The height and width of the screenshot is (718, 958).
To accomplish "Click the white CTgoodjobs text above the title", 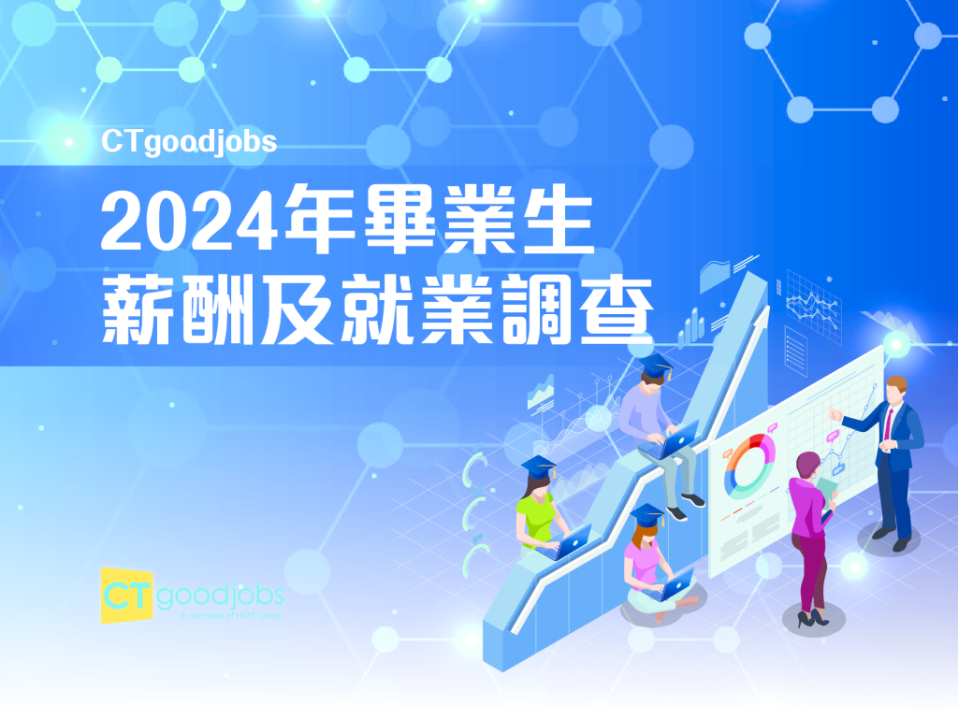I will (189, 142).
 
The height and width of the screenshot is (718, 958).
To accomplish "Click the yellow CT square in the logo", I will (127, 595).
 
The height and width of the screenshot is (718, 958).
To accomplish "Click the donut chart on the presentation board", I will (750, 465).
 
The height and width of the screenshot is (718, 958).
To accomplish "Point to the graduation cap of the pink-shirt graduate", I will (647, 515).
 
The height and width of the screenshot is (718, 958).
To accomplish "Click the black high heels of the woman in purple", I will (810, 617).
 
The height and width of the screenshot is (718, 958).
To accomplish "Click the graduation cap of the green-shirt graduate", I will (538, 466).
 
